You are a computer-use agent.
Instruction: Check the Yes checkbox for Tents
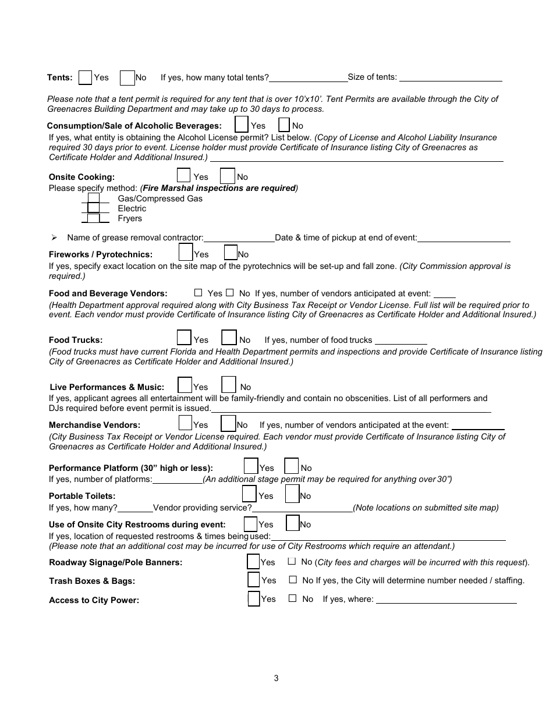coord(85,77)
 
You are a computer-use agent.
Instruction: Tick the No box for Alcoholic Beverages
coord(284,125)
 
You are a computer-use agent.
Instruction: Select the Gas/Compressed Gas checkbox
coord(93,199)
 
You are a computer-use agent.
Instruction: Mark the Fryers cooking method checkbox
coord(93,218)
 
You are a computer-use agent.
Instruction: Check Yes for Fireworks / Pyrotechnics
coord(186,252)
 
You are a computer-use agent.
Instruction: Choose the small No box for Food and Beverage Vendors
coord(230,293)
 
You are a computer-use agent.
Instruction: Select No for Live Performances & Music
coord(229,385)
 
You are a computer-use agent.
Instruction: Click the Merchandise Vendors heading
coord(94,426)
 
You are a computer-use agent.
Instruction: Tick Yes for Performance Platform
coord(251,466)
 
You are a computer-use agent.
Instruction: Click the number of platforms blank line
coord(177,480)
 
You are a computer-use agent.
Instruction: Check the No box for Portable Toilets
coord(292,494)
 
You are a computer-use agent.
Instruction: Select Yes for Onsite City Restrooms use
coord(250,524)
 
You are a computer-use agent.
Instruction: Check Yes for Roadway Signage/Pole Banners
coord(253,562)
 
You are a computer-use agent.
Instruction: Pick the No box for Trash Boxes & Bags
coord(293,580)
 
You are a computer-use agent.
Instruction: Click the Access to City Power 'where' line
coord(446,600)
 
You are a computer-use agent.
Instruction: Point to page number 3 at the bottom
coord(276,678)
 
